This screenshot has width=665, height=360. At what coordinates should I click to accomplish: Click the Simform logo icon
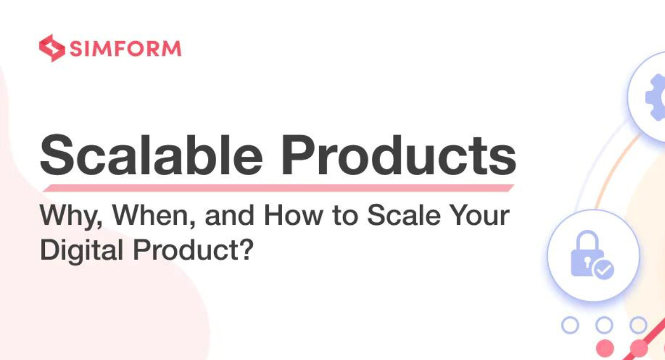click(x=52, y=48)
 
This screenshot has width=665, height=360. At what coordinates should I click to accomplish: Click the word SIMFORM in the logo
click(x=125, y=49)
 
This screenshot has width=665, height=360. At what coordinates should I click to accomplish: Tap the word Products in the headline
click(x=397, y=154)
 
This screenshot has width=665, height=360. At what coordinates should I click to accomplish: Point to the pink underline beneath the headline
click(x=277, y=188)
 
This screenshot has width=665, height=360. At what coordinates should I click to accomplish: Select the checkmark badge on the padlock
click(x=603, y=270)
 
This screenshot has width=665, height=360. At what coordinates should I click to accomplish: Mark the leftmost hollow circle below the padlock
click(x=570, y=325)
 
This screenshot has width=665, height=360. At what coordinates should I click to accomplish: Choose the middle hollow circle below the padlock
click(x=604, y=325)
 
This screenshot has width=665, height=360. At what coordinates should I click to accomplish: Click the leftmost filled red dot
click(x=604, y=348)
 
